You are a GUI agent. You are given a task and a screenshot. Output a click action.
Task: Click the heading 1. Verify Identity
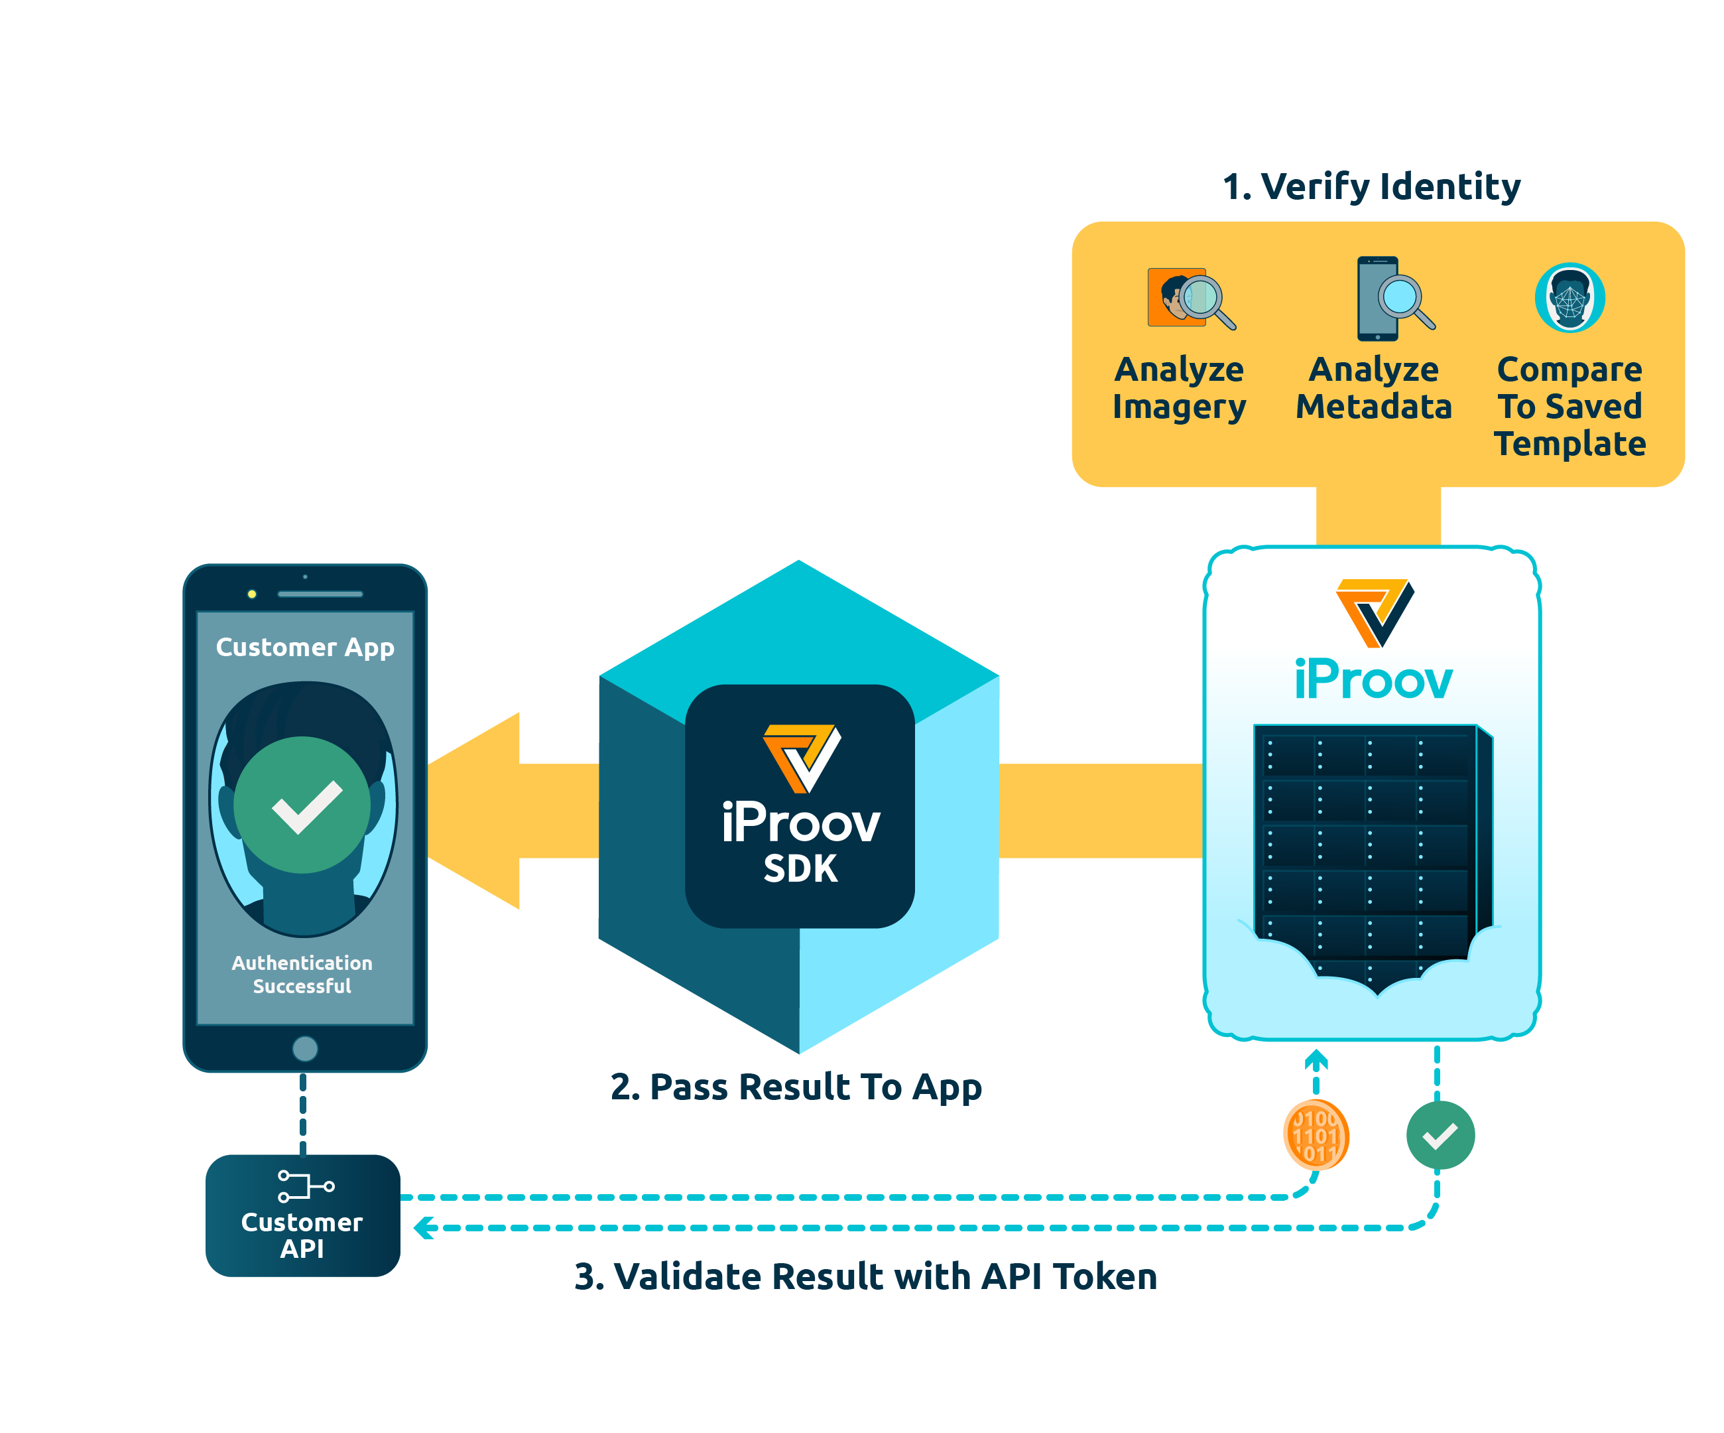(x=1371, y=186)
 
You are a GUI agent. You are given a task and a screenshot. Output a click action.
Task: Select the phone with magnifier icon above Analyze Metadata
(x=1392, y=298)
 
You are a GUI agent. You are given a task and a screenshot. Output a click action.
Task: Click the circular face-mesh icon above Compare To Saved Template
(x=1569, y=297)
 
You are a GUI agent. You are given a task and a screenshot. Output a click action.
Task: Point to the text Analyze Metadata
(x=1373, y=387)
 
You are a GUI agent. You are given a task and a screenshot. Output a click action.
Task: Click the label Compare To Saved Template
(x=1569, y=407)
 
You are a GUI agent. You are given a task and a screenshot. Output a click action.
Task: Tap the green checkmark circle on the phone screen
(x=302, y=804)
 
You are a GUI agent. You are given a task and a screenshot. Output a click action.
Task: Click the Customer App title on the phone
(x=304, y=647)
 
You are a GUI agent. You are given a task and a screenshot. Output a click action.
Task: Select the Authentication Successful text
(x=302, y=974)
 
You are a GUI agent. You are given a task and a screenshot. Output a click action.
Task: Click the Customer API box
(x=302, y=1215)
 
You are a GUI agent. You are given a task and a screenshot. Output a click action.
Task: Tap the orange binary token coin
(x=1315, y=1136)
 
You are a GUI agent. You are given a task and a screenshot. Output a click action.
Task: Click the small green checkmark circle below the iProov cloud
(x=1440, y=1135)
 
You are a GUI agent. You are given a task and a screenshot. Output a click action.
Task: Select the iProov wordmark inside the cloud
(x=1373, y=681)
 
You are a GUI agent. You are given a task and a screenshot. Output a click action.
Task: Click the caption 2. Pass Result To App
(x=796, y=1087)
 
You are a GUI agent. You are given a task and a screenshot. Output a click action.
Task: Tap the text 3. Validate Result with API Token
(x=865, y=1276)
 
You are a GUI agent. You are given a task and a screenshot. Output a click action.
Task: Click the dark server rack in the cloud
(x=1367, y=846)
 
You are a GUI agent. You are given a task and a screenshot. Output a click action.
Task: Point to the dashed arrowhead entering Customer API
(x=424, y=1228)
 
